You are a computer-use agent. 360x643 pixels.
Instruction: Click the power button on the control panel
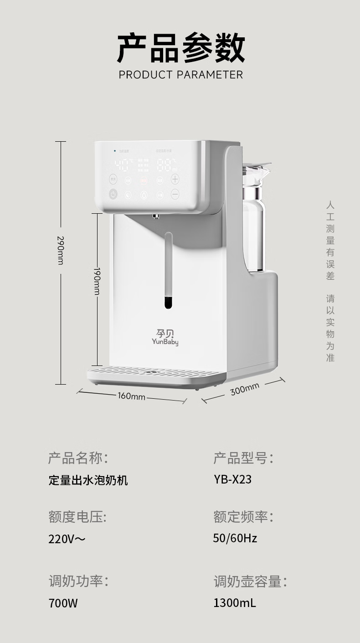pos(113,194)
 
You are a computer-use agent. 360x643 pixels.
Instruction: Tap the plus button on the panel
pos(175,179)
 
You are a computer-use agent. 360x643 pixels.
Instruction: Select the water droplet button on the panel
pos(144,195)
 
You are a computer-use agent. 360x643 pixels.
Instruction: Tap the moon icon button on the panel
pos(129,195)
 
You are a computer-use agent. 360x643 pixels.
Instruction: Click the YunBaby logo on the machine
pos(165,337)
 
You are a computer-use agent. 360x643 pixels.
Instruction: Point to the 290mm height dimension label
pos(60,250)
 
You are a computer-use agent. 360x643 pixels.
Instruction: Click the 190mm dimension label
pos(97,281)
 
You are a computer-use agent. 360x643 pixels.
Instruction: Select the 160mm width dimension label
pos(131,396)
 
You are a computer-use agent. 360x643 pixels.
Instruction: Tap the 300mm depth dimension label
pos(245,389)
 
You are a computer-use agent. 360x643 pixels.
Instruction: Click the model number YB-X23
pos(232,479)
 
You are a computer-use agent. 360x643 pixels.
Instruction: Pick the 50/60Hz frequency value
pos(235,538)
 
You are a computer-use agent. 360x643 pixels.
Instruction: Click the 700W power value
pos(63,603)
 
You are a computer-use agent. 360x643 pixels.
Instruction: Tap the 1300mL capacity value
pos(234,603)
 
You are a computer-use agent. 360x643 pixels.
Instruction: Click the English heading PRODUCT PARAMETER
pos(180,75)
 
